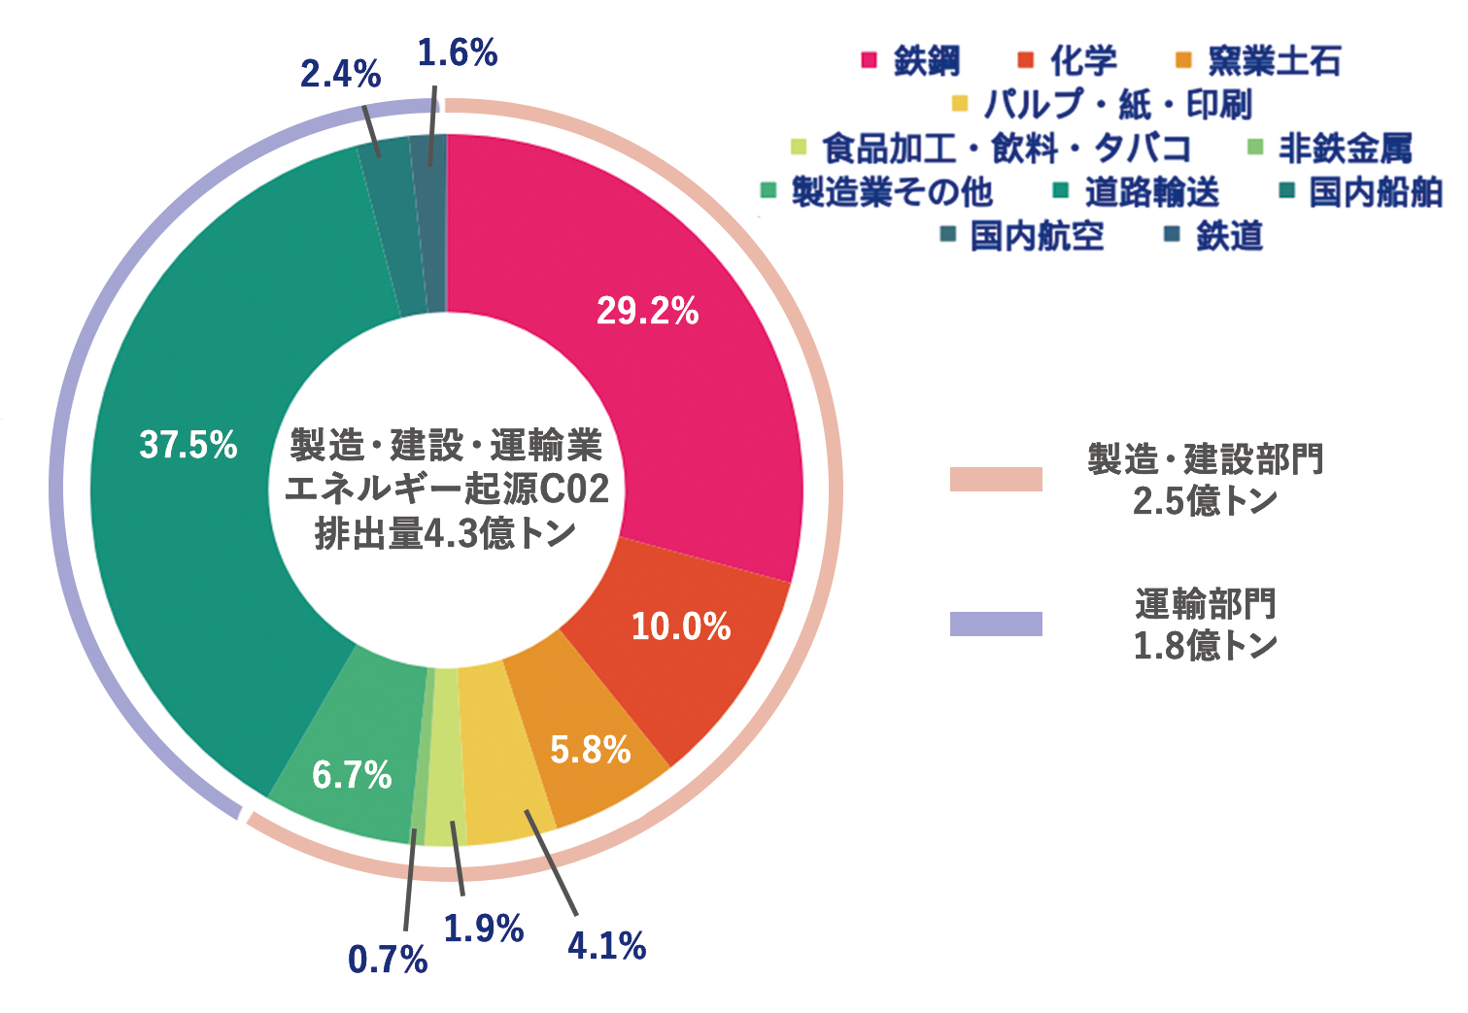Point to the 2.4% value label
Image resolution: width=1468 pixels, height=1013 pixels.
click(x=340, y=74)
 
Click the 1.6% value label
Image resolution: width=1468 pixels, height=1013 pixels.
click(x=457, y=53)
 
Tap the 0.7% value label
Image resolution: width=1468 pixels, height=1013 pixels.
click(x=388, y=960)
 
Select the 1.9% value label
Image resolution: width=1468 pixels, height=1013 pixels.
click(x=483, y=929)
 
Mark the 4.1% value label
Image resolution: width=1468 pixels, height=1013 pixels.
click(x=607, y=945)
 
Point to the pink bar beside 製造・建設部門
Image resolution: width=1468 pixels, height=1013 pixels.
click(x=996, y=479)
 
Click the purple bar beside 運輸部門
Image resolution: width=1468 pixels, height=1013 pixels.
click(x=996, y=624)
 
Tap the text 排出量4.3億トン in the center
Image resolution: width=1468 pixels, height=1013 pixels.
click(x=445, y=533)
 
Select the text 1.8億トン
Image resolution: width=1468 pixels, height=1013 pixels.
click(x=1205, y=646)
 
